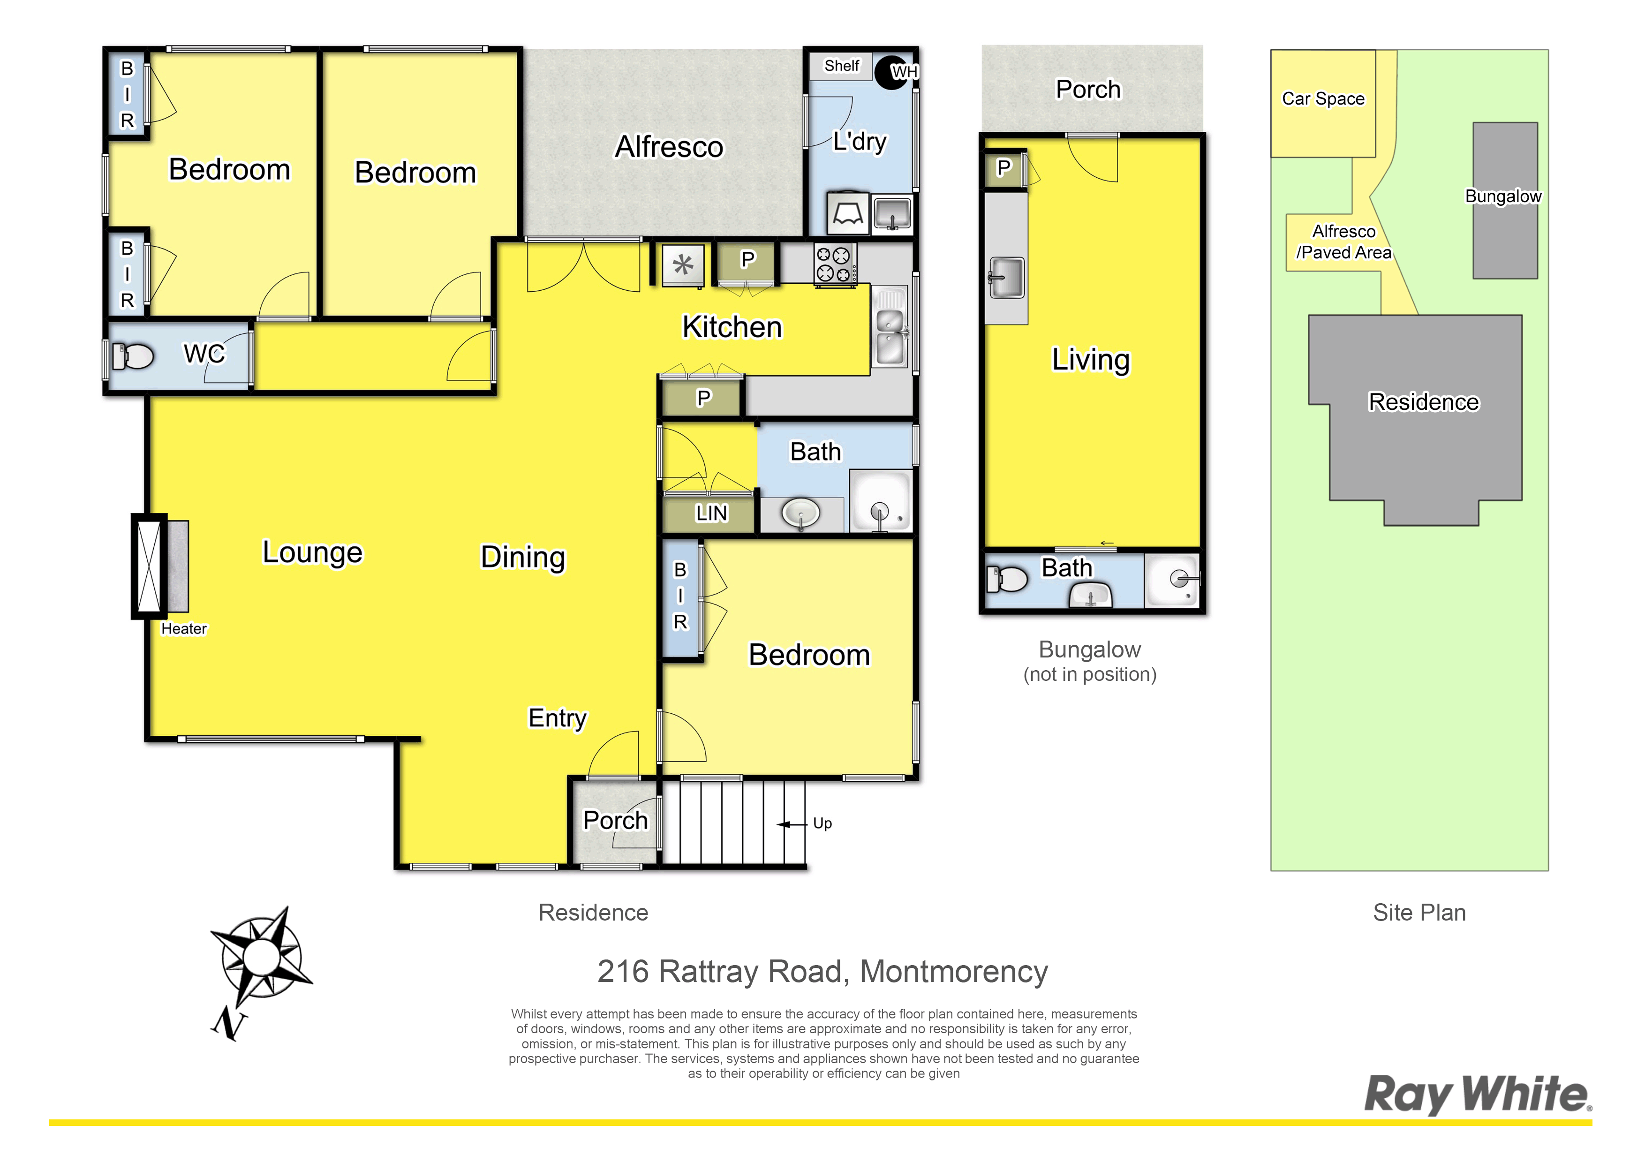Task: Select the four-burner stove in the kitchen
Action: pyautogui.click(x=835, y=264)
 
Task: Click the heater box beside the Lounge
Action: pyautogui.click(x=160, y=566)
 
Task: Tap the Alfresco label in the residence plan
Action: pyautogui.click(x=669, y=147)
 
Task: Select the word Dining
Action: pyautogui.click(x=523, y=558)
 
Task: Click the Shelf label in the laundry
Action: pyautogui.click(x=842, y=66)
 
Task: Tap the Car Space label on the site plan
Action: pyautogui.click(x=1323, y=99)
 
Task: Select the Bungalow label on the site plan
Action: pyautogui.click(x=1503, y=196)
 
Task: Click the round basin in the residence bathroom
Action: pyautogui.click(x=801, y=513)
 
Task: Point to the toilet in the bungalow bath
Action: pyautogui.click(x=1007, y=578)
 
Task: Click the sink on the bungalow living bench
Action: pyautogui.click(x=1007, y=277)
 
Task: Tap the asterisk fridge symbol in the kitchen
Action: pyautogui.click(x=683, y=265)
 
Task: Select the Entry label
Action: pyautogui.click(x=558, y=718)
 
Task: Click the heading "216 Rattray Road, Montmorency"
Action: pyautogui.click(x=822, y=972)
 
